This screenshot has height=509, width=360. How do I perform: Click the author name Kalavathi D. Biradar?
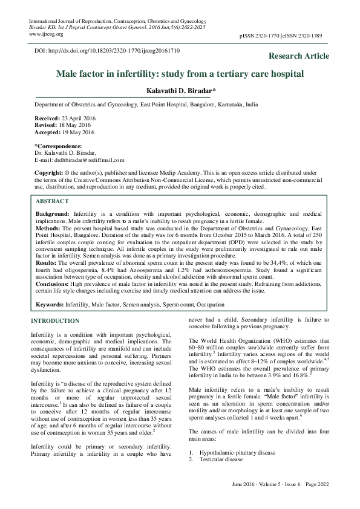pos(180,91)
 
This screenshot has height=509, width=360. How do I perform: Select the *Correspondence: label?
pos(59,146)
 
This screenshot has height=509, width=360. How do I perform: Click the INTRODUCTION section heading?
pos(55,321)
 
